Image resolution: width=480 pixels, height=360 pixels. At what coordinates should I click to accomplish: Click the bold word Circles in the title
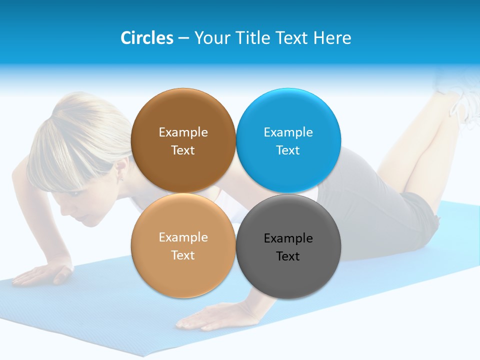[x=147, y=38]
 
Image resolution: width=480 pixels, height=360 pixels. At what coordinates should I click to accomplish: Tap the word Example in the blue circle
[x=288, y=132]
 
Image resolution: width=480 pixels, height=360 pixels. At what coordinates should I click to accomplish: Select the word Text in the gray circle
[x=288, y=256]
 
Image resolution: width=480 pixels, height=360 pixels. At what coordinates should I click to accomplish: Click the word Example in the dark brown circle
[x=183, y=132]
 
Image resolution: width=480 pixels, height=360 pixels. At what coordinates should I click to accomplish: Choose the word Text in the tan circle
[x=183, y=255]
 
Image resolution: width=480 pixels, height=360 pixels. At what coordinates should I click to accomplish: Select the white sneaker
[x=460, y=97]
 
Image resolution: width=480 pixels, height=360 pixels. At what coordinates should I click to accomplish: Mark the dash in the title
[x=183, y=38]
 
